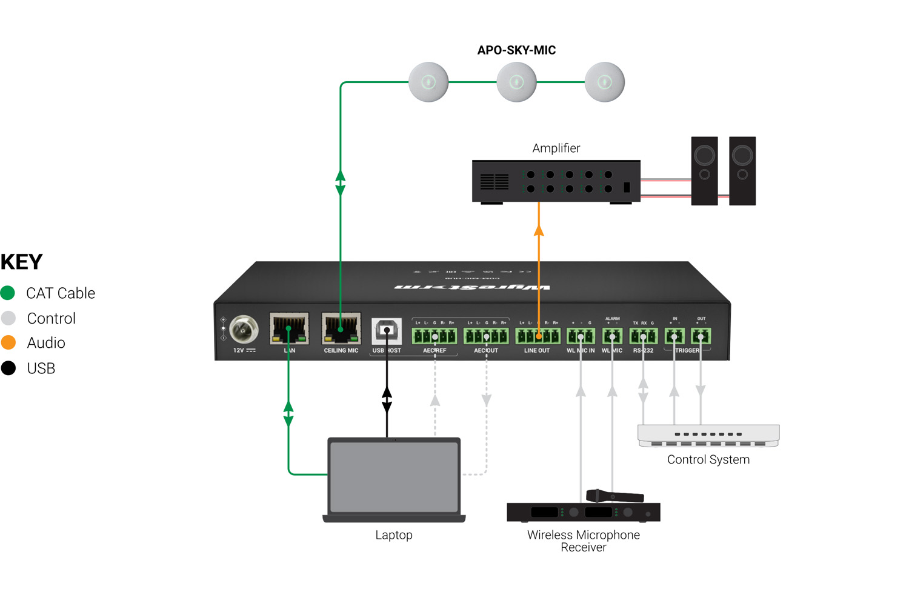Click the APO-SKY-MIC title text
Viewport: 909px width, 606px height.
[516, 50]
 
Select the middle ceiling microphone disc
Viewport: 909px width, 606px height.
[516, 82]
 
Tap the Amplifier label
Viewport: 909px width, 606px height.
[556, 148]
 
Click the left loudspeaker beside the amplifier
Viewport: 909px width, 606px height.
[704, 170]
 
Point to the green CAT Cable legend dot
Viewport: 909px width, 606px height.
[8, 293]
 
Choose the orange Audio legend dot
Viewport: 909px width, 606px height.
[8, 343]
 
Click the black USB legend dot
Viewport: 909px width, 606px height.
[8, 368]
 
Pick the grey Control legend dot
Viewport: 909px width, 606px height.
[8, 318]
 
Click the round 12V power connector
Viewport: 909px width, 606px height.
[244, 330]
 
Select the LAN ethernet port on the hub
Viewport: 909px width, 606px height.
[289, 329]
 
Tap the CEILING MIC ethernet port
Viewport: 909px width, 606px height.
[341, 329]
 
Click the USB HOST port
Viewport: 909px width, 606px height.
[387, 331]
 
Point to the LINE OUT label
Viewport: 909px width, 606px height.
[537, 351]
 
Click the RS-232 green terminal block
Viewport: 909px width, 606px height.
[644, 336]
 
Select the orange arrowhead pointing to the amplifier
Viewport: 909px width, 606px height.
[539, 230]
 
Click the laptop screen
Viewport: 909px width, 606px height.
[394, 477]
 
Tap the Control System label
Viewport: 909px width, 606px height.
[708, 460]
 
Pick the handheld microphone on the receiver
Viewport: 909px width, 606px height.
[614, 496]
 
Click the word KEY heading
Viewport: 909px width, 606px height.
[22, 262]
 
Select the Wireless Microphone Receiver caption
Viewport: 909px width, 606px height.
[583, 541]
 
